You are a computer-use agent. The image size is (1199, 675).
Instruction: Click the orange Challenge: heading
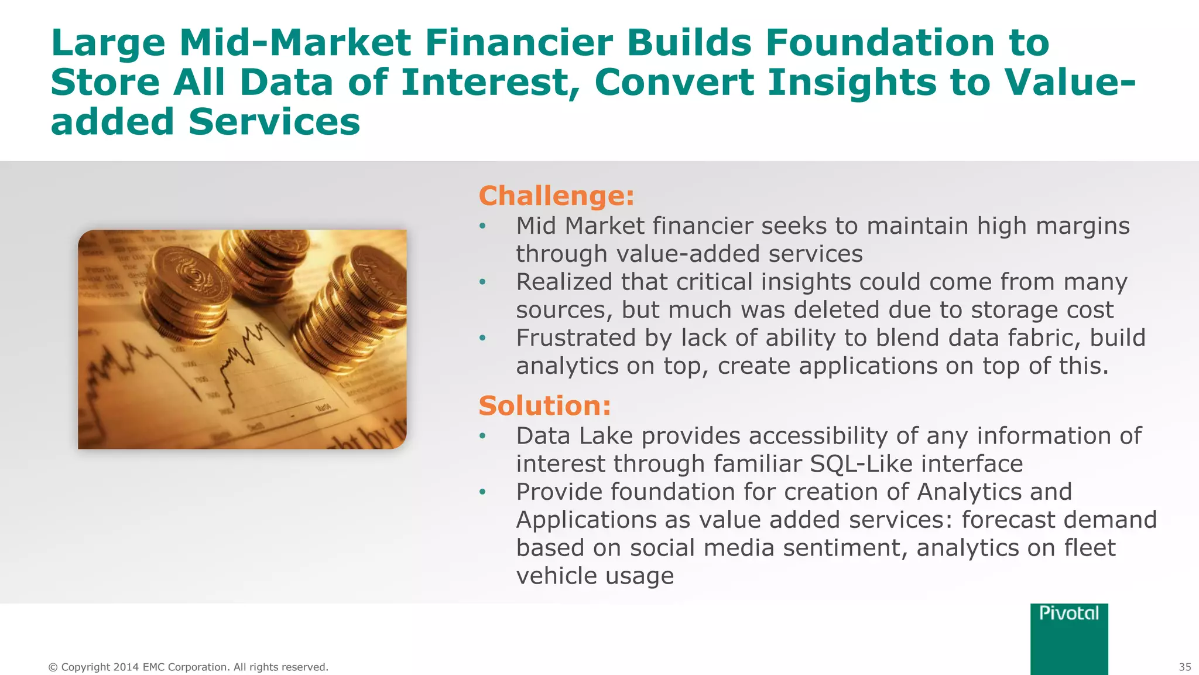coord(556,196)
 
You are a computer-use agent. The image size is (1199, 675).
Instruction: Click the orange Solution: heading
coord(544,405)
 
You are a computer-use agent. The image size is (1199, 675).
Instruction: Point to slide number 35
coord(1184,667)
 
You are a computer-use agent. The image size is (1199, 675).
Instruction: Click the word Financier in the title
coord(518,43)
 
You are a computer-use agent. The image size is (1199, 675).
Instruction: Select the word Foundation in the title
coord(879,43)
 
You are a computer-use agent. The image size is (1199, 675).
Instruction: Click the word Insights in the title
coord(852,82)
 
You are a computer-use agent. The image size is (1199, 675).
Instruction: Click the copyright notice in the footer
coord(188,667)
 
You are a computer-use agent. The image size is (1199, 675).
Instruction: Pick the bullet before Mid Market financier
coord(482,226)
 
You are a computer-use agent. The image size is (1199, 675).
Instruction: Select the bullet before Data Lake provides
coord(482,436)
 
